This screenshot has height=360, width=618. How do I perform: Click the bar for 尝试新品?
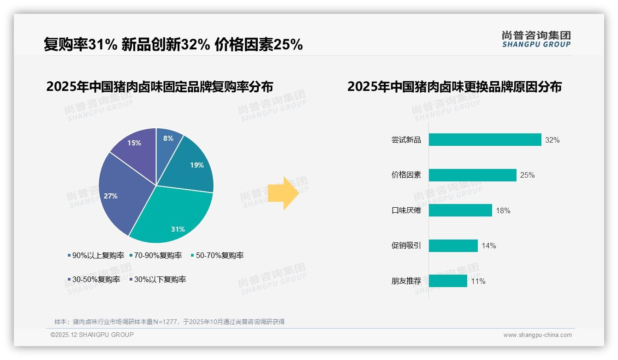point(485,140)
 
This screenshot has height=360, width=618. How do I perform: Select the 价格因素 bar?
point(472,175)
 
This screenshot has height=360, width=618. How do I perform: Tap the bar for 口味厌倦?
point(460,210)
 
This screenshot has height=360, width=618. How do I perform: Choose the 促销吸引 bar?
point(453,246)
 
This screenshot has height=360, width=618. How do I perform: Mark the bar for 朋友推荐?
point(448,281)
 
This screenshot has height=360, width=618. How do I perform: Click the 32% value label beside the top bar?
point(552,140)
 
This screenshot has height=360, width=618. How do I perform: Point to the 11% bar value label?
point(478,281)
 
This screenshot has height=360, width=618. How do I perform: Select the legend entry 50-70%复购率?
point(217,255)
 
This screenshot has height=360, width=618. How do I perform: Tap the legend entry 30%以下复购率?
point(157,279)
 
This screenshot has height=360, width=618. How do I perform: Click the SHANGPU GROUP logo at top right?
point(536,39)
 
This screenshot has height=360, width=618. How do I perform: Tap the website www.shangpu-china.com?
point(537,335)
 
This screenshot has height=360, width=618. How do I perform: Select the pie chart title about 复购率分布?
point(160,87)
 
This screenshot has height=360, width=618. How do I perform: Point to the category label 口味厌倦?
point(406,210)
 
